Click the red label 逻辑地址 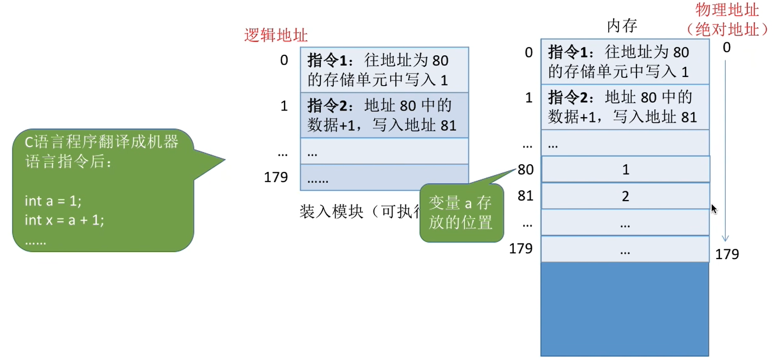276,36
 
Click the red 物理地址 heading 727,10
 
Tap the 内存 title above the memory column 622,25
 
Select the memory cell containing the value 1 626,170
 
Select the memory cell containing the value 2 626,196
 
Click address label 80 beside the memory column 525,170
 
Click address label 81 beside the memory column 525,195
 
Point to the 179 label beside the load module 276,177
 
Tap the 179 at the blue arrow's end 727,254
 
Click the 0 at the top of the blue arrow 726,48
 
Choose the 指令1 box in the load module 384,69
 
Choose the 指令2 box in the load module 384,115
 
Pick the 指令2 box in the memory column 625,107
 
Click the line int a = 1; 53,201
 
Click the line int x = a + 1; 64,220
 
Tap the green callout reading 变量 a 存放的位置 461,213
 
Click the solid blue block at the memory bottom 625,308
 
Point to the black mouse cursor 714,208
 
